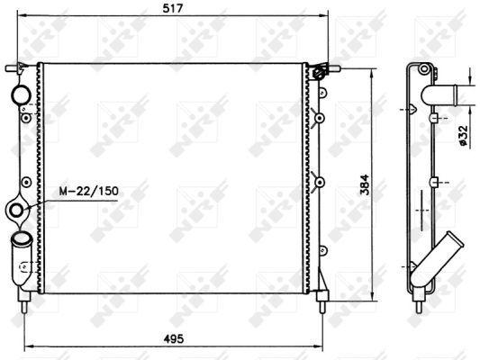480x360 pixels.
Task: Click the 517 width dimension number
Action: click(172, 8)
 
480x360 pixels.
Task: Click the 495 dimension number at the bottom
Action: click(174, 338)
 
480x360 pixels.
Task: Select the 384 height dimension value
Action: click(365, 184)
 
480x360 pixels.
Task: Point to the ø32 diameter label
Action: click(464, 135)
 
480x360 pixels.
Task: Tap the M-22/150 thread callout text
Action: click(89, 191)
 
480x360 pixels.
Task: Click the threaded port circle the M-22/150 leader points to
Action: click(16, 211)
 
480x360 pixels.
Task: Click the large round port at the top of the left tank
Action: click(21, 94)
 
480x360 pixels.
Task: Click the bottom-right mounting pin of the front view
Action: click(322, 301)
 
